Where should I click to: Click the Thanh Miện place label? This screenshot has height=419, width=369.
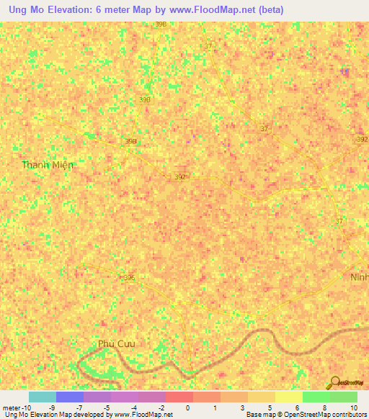point(48,165)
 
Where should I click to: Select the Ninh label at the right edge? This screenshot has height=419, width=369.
point(358,277)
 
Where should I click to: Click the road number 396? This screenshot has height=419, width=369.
point(129,276)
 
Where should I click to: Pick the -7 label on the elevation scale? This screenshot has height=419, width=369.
point(79,407)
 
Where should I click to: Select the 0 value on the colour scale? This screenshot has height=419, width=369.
point(187,407)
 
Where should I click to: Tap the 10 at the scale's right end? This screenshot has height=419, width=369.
point(355,407)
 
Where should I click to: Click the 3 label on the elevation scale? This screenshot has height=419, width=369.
point(243,407)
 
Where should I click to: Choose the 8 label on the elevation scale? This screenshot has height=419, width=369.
point(324,407)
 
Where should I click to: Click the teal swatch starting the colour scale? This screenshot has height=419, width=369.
point(43,397)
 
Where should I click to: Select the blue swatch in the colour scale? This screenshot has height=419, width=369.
point(70,397)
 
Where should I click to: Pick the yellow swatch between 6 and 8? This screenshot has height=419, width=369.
point(289,397)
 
